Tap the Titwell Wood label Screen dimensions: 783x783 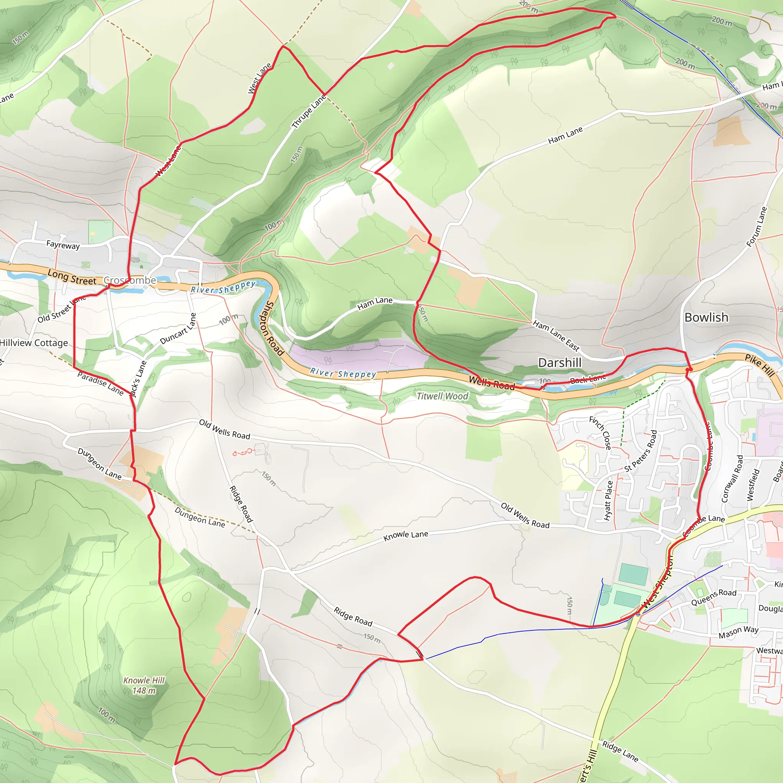(442, 396)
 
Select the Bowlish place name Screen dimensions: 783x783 (706, 317)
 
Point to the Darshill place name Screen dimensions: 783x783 (559, 363)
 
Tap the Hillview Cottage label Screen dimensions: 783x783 (34, 343)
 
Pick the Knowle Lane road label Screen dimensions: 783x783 (406, 535)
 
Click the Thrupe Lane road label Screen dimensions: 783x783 (309, 112)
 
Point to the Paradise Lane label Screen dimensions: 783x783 (101, 383)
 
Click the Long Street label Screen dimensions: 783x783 (72, 278)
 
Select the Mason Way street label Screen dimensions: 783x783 (738, 632)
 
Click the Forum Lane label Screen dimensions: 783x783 (757, 227)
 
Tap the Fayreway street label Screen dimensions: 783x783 (63, 244)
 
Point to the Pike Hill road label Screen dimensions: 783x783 (760, 365)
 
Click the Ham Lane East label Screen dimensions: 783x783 (556, 336)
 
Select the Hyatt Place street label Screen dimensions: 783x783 (608, 500)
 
